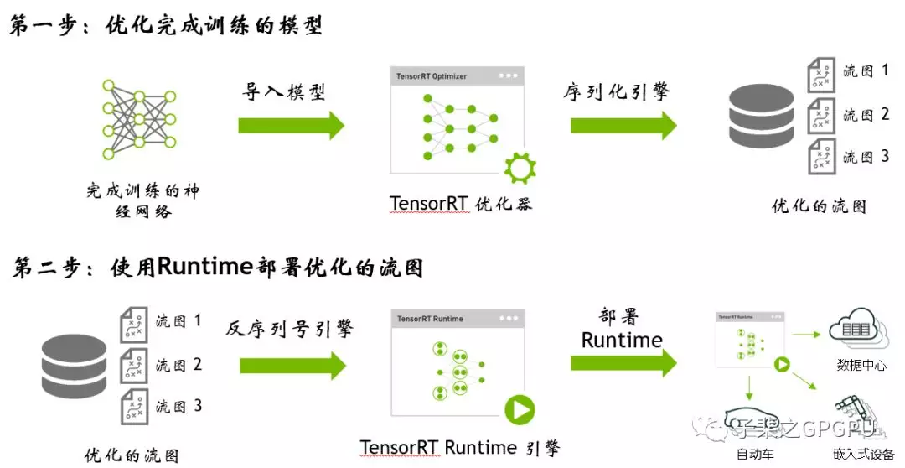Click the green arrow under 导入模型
coord(291,125)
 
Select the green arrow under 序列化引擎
coord(623,125)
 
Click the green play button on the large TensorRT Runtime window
coord(520,410)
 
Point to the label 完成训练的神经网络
coord(142,200)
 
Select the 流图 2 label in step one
coord(866,115)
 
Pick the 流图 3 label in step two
coord(178,407)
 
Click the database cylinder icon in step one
coord(762,115)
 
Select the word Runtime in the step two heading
coord(205,268)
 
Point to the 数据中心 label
coord(861,365)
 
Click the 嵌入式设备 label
coord(864,455)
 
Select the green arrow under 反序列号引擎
coord(292,366)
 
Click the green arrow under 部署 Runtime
coord(623,363)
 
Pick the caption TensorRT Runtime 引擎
coord(460,447)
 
